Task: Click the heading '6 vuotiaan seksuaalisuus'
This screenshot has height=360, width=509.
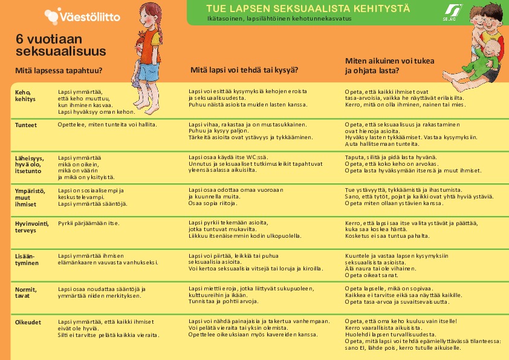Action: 60,44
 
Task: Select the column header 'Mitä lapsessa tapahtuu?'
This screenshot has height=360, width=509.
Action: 59,70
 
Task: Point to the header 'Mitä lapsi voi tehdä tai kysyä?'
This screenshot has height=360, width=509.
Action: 244,70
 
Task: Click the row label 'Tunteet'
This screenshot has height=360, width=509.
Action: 26,125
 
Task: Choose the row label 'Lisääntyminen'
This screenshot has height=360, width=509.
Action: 27,260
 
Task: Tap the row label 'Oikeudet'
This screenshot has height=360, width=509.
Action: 27,322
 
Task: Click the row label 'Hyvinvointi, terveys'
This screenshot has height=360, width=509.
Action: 31,227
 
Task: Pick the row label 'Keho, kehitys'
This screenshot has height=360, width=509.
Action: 25,95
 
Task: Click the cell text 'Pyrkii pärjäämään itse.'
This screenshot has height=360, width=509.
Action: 89,224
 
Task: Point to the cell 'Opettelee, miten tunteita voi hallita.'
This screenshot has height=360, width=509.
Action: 107,124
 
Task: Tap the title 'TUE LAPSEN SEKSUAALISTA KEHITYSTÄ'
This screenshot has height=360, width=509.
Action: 308,8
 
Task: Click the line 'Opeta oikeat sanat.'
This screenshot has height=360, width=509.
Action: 371,275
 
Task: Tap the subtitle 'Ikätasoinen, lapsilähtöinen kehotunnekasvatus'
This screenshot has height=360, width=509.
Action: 279,19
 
